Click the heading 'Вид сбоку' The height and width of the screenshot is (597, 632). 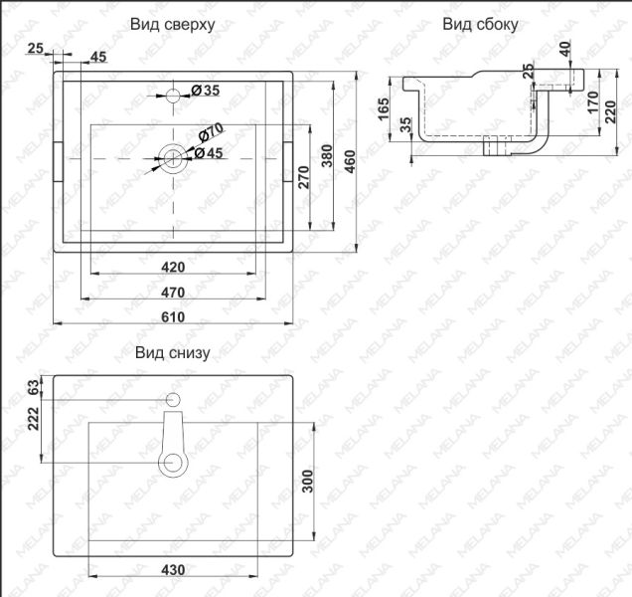(x=480, y=23)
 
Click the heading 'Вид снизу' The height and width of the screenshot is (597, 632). (x=173, y=353)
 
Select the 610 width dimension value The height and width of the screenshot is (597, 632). (x=173, y=316)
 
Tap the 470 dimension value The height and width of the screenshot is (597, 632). (x=173, y=292)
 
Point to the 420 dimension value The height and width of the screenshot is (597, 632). (x=173, y=267)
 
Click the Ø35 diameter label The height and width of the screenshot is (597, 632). (x=206, y=91)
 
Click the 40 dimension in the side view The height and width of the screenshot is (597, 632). (x=565, y=48)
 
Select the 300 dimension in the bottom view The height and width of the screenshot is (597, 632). (x=308, y=481)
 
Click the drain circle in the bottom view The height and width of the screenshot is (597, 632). (x=173, y=462)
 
